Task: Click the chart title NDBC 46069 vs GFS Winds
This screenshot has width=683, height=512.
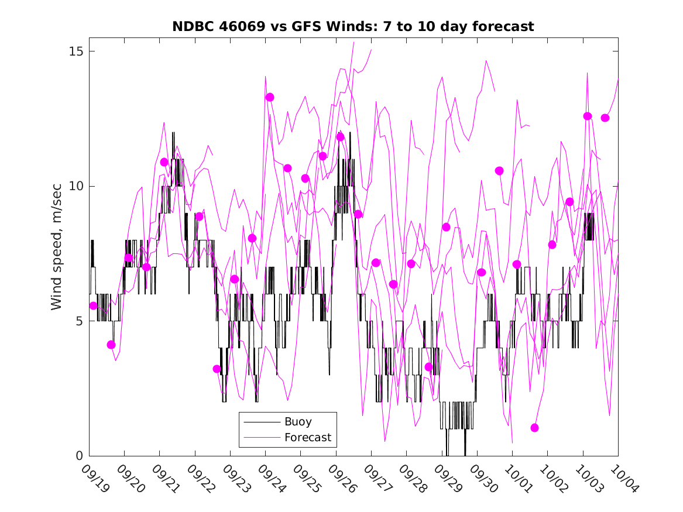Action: [x=353, y=26]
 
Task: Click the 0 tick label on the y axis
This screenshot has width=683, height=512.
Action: [x=79, y=456]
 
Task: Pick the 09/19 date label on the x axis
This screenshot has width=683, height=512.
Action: [x=95, y=478]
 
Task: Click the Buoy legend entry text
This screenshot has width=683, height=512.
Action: [x=298, y=422]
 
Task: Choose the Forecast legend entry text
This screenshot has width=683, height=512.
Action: [x=308, y=437]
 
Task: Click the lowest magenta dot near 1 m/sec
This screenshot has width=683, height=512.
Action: [x=534, y=428]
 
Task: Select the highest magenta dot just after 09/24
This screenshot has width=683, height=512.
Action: [x=270, y=97]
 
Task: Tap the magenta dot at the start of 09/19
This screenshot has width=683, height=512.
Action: [x=93, y=305]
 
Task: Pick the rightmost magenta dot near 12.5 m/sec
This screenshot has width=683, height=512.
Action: [x=605, y=118]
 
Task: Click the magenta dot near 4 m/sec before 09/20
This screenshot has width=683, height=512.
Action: [x=111, y=345]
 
